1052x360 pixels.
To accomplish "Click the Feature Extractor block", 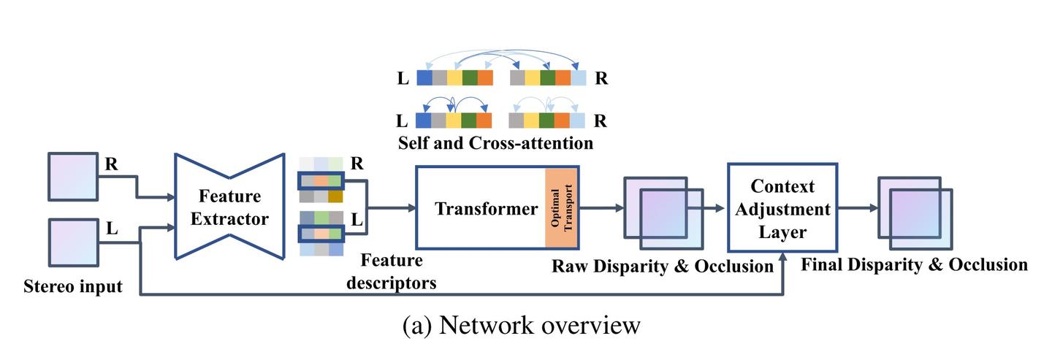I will pos(229,207).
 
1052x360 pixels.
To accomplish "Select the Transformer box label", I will pos(486,209).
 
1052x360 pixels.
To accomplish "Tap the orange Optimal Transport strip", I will pos(561,209).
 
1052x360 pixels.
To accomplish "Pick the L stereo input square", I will pos(73,242).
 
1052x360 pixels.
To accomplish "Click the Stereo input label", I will pos(72,286).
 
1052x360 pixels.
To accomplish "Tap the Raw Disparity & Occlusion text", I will pos(663,267).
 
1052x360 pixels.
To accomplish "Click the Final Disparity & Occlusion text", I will pos(914,264).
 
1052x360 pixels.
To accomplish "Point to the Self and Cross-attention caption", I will pos(495,142).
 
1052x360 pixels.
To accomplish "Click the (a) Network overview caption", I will pos(522,325).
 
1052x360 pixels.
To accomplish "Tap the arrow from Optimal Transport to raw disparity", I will pos(601,209).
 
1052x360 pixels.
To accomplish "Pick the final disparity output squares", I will pos(915,209).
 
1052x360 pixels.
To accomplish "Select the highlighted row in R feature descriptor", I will pos(320,180).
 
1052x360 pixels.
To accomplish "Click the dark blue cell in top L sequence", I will pos(424,78).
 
